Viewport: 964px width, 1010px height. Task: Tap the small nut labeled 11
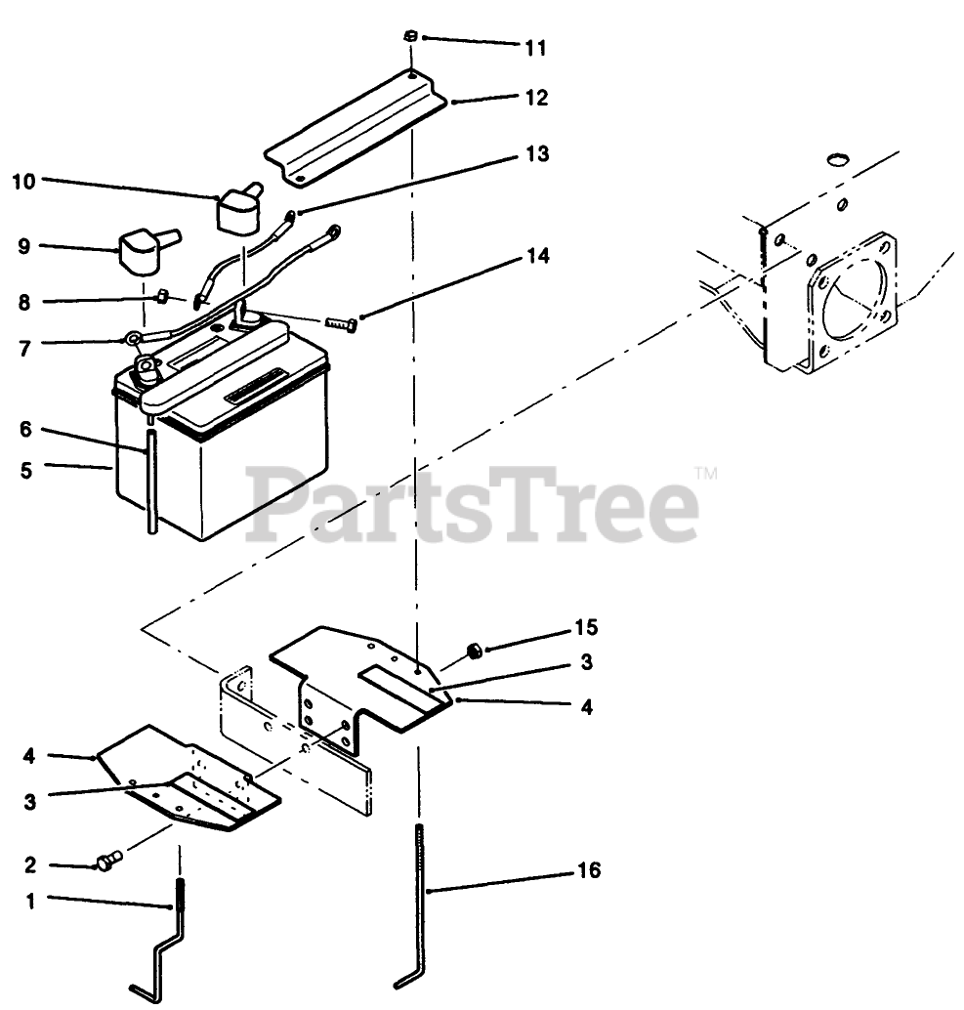[x=411, y=37]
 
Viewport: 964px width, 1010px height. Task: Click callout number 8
[x=24, y=303]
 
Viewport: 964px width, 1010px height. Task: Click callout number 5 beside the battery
[x=24, y=469]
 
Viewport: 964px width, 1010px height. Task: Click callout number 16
[x=589, y=869]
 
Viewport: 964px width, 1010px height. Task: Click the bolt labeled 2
[x=106, y=862]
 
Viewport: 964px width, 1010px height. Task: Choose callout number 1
[x=29, y=902]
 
